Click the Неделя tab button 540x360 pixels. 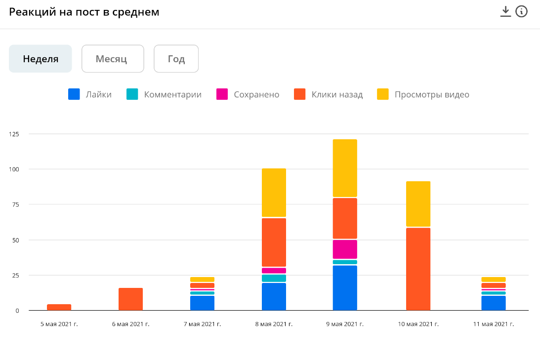[x=41, y=59]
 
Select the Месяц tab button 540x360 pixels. [x=112, y=59]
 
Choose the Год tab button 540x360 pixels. [x=176, y=59]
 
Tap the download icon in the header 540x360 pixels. [x=505, y=11]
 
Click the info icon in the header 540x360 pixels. [x=521, y=11]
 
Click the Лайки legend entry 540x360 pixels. [x=90, y=94]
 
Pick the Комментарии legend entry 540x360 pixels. [x=164, y=94]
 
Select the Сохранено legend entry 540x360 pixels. [x=248, y=94]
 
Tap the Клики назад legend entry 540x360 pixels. [x=329, y=94]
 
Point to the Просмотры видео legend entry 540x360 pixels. [x=423, y=94]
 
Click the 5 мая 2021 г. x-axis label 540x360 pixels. [x=59, y=324]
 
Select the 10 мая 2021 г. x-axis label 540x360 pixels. [x=418, y=324]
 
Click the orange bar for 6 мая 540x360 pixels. [x=130, y=299]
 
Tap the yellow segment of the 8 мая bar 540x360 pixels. [x=274, y=193]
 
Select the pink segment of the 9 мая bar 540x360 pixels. [x=345, y=249]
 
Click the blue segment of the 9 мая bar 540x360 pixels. [x=345, y=288]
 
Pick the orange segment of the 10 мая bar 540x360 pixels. [x=418, y=269]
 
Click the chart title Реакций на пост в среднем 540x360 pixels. [x=84, y=12]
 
